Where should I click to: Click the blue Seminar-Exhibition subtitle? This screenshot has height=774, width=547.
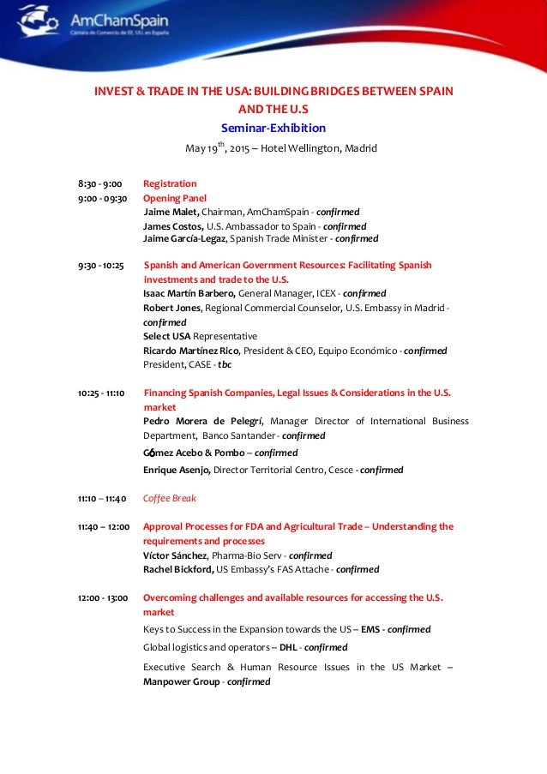(x=273, y=129)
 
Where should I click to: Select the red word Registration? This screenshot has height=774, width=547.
(x=170, y=183)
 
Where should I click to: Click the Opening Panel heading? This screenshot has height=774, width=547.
(x=175, y=198)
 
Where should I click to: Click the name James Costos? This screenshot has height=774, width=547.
(x=173, y=226)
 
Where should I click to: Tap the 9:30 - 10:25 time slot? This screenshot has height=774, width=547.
(x=101, y=266)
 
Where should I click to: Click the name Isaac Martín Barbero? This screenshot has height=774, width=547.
(x=189, y=293)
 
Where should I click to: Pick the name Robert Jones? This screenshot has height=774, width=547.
(x=171, y=308)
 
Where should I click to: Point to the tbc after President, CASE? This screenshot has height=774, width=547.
(x=225, y=364)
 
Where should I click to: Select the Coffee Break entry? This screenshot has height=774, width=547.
(x=169, y=498)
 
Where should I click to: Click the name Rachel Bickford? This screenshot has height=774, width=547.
(x=178, y=569)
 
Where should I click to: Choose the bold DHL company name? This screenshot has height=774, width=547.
(x=288, y=647)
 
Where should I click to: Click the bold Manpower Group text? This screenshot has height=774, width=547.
(x=182, y=682)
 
